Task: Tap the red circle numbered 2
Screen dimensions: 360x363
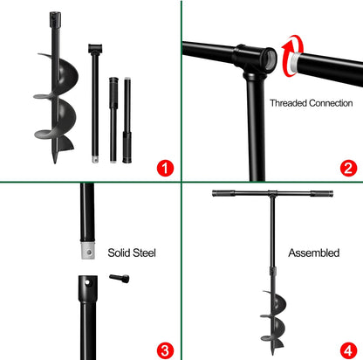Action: [x=347, y=166]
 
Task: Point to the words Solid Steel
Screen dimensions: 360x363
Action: [x=131, y=253]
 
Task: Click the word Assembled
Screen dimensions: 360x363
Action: [x=313, y=253]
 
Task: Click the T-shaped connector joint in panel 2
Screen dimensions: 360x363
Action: [x=252, y=59]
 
